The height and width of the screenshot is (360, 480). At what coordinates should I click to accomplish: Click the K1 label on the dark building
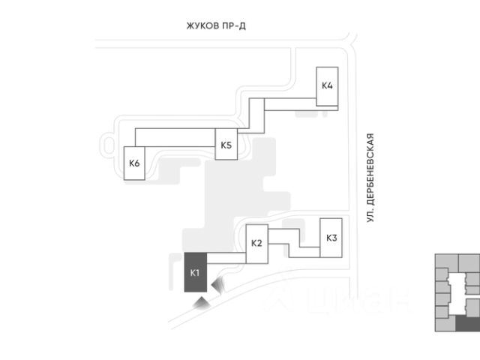point(194,272)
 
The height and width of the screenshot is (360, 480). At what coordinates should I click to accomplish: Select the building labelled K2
point(256,243)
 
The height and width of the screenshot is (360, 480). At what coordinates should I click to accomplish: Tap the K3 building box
point(331,238)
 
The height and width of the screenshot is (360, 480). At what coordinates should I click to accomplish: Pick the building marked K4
point(327,85)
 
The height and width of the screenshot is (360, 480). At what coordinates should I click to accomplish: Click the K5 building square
point(226,145)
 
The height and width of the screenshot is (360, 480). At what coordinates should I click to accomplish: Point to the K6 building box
point(134,163)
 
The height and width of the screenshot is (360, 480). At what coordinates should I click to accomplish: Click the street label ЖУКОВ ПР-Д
point(217,26)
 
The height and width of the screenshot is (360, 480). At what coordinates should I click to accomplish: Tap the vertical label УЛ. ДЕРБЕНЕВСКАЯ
point(370,178)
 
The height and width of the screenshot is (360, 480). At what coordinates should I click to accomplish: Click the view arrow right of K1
point(218,285)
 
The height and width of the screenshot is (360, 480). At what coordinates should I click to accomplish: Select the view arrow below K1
point(201,301)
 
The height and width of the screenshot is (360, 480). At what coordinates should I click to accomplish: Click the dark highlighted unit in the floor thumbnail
point(468,322)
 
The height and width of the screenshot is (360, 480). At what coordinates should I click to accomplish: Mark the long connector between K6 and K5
point(175,136)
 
